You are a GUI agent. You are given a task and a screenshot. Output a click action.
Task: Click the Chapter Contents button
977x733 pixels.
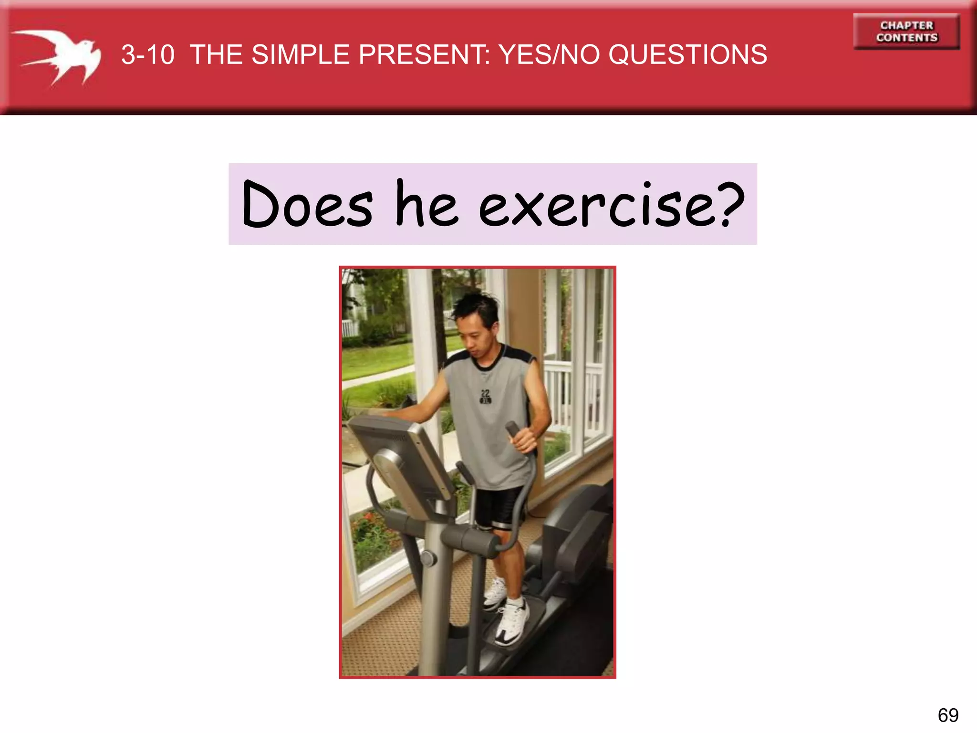tap(906, 31)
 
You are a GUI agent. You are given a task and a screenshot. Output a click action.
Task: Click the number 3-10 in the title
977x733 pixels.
tap(147, 55)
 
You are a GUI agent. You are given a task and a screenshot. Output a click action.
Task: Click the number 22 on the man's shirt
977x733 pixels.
tap(485, 394)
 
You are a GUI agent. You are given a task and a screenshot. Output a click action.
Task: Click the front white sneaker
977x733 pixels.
tap(513, 623)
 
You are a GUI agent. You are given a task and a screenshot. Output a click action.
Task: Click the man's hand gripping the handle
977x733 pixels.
tap(525, 439)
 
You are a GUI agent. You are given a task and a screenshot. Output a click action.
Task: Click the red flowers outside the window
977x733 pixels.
tap(367, 525)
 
